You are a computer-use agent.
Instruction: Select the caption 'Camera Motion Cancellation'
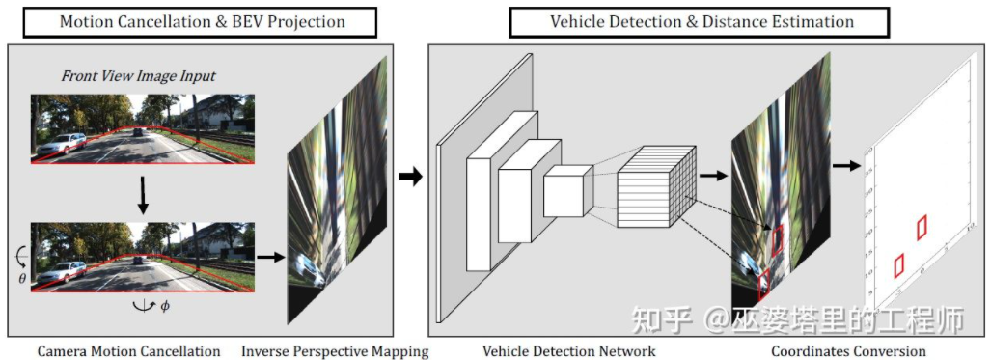tap(128, 351)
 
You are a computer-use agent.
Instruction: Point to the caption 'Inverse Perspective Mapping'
tap(335, 351)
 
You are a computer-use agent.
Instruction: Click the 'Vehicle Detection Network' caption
tap(569, 351)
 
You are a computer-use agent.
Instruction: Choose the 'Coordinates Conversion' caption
tap(849, 351)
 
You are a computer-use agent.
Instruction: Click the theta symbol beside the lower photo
tap(22, 277)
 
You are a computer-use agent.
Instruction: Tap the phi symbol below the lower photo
tap(164, 307)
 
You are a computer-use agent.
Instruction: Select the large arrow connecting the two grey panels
tap(410, 177)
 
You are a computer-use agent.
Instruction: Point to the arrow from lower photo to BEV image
tap(269, 257)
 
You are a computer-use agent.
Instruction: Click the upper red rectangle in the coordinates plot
tap(922, 226)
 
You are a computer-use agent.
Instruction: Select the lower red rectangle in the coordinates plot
tap(899, 264)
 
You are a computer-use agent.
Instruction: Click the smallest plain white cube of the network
tap(566, 190)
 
